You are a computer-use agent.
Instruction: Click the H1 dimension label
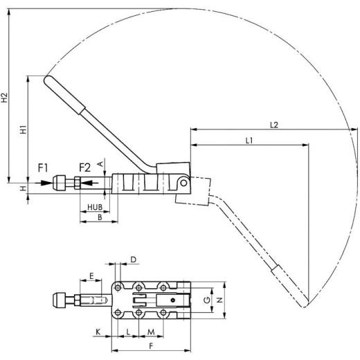(x=24, y=129)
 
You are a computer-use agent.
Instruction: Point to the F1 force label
(x=43, y=167)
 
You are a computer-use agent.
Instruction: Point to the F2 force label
(x=84, y=167)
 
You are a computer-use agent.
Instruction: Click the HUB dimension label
(x=95, y=208)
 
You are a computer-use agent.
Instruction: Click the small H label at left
(x=24, y=188)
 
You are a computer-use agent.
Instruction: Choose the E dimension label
(x=91, y=276)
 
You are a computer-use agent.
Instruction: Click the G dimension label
(x=206, y=300)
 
